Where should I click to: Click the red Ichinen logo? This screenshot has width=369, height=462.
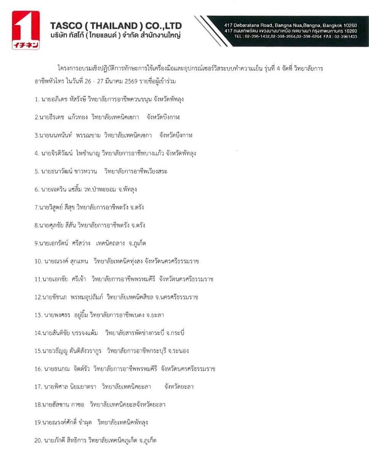26,30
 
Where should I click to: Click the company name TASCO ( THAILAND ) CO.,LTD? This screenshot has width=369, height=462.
116,26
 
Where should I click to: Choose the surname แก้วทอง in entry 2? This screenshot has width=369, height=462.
78,117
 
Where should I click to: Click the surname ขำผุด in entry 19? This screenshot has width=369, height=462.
85,422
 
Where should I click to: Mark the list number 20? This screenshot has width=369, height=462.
38,441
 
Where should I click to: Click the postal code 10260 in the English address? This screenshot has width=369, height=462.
349,26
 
